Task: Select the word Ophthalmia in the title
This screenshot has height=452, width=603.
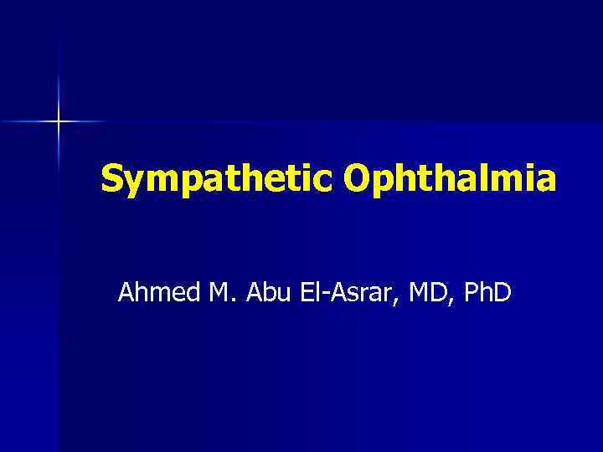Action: [449, 178]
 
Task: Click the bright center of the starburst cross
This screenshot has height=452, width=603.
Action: [59, 122]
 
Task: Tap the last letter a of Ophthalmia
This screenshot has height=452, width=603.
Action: [546, 181]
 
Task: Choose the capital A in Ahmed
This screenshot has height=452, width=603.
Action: [127, 293]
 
